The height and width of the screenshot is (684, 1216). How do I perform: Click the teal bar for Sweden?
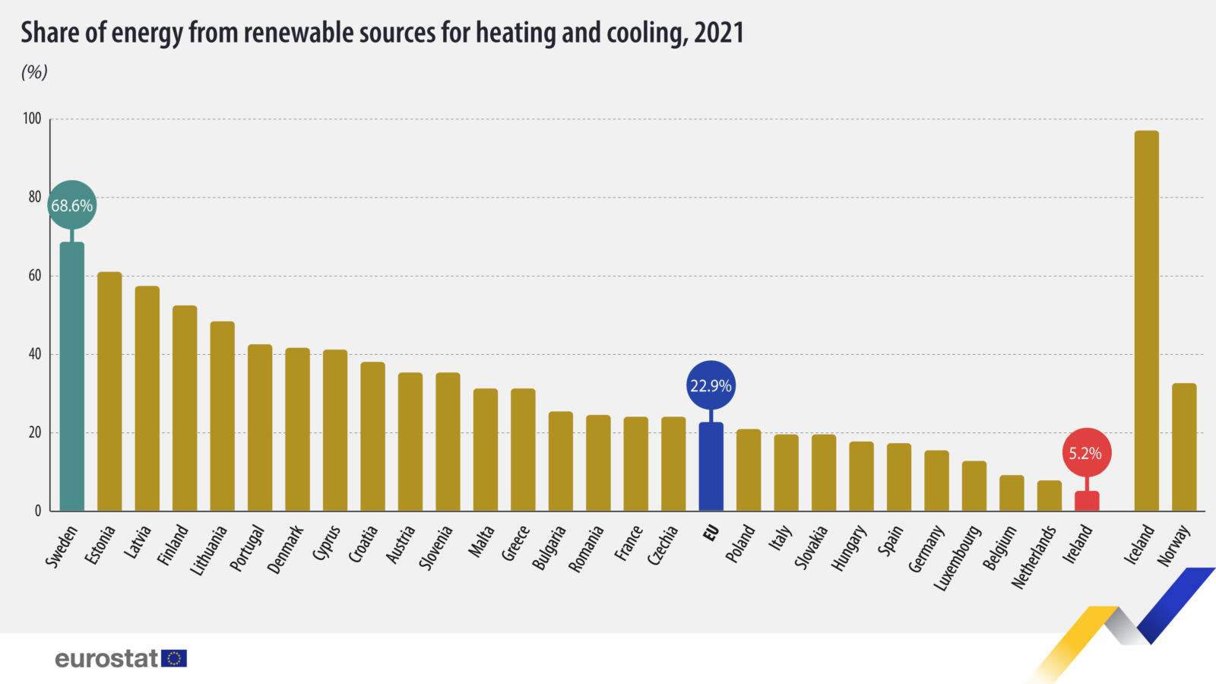pos(72,376)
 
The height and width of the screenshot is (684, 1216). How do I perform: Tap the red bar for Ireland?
pos(1087,502)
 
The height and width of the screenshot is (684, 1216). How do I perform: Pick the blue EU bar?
pos(711,467)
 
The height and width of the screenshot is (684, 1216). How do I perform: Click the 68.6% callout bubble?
pos(72,205)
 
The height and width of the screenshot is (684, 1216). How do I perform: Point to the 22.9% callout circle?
pos(711,385)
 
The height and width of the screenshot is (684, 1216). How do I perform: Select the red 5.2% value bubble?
pos(1086,453)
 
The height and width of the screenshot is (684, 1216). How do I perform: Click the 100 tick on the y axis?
pos(32,119)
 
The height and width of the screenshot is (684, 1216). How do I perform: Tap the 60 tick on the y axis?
pos(35,276)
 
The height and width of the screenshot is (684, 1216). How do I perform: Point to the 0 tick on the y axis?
pos(38,511)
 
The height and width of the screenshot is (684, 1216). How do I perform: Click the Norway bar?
pos(1184,447)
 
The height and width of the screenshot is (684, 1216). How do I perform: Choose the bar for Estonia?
pos(109,391)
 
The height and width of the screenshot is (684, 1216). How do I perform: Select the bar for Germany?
pos(936,480)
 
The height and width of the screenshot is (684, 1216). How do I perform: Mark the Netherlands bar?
pos(1049,496)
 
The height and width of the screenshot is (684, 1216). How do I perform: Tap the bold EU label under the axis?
pos(711,534)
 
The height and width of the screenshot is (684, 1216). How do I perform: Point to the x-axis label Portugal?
pos(248,547)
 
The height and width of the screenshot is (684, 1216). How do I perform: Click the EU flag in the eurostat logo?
pos(174,658)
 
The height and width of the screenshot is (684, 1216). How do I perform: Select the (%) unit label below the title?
pos(34,72)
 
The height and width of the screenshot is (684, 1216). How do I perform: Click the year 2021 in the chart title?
pos(718,33)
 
